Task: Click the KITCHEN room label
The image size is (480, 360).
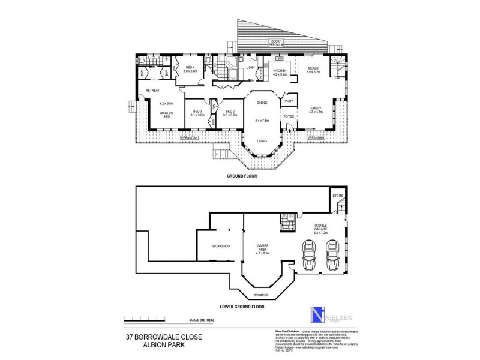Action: (x=280, y=71)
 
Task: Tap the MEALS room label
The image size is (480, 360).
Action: (x=313, y=69)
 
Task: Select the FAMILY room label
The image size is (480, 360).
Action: (x=316, y=108)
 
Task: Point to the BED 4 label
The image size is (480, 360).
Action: (x=190, y=68)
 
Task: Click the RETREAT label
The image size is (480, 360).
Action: (x=152, y=91)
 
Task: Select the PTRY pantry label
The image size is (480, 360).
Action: (x=288, y=102)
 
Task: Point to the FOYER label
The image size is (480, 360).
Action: (x=288, y=117)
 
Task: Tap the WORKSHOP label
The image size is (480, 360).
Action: (x=221, y=246)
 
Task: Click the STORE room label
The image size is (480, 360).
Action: (x=338, y=195)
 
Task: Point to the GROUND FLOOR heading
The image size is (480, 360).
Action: (x=241, y=177)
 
